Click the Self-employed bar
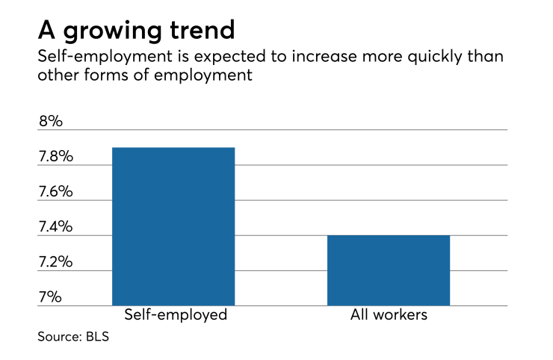pos(173,226)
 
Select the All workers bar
pos(389,270)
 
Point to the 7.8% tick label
pos(56,156)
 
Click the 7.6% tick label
pos(56,191)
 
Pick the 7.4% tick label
pos(56,226)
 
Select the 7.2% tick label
pos(56,261)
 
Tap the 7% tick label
pos(50,297)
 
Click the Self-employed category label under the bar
pos(173,315)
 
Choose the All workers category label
pos(389,315)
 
